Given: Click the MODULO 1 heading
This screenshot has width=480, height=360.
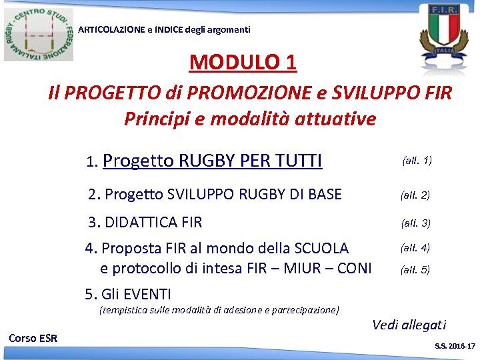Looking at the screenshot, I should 243,62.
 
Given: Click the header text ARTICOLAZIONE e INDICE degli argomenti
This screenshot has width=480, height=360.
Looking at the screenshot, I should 165,29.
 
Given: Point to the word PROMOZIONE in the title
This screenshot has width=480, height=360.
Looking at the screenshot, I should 235,93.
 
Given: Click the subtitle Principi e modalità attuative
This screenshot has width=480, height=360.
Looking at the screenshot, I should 250,119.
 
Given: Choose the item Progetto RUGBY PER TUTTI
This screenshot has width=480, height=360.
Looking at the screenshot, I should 213,161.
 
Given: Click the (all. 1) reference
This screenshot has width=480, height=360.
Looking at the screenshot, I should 417,161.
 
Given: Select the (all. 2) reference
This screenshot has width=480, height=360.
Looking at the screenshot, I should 415,195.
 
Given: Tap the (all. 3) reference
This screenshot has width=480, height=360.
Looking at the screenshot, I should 415,223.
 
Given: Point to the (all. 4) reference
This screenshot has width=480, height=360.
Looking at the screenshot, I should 415,248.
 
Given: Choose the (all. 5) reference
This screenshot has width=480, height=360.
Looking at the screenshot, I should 415,270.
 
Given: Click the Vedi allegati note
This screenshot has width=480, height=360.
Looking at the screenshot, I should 409,325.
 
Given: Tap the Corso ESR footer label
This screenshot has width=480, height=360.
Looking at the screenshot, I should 33,338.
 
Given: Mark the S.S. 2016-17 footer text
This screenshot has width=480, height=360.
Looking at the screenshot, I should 455,347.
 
